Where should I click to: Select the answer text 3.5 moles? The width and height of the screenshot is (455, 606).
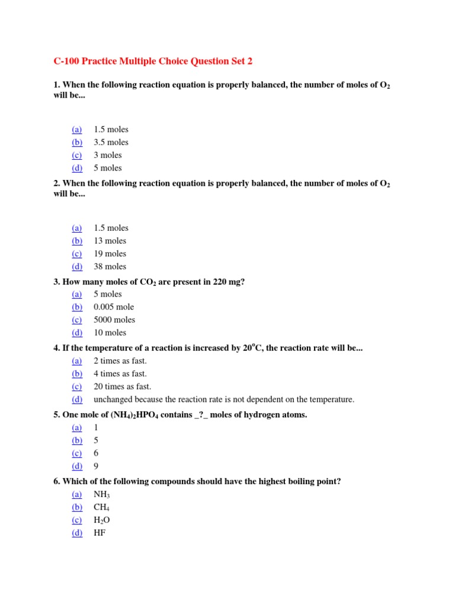[x=111, y=142]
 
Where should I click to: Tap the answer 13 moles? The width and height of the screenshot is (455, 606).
[x=110, y=241]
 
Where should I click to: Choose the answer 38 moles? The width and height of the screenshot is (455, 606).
[x=110, y=267]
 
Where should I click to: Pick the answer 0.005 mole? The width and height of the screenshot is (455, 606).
[x=114, y=307]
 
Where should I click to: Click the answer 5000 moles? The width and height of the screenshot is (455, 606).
[x=114, y=320]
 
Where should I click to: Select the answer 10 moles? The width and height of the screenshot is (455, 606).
[x=110, y=333]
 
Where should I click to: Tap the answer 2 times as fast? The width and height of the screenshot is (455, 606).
[x=120, y=361]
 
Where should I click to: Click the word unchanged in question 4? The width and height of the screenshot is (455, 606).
[x=112, y=399]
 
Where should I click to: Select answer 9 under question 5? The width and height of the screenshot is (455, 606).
[x=96, y=466]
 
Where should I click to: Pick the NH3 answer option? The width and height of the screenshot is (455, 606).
[x=102, y=495]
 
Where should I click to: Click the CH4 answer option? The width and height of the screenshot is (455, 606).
[x=101, y=508]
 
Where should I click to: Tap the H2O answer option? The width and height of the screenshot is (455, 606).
[x=101, y=520]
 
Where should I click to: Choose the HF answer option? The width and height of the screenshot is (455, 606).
[x=100, y=533]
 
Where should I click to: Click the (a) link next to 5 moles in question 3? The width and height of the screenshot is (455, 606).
[x=77, y=294]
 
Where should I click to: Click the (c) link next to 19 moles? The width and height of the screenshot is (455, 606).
[x=77, y=254]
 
